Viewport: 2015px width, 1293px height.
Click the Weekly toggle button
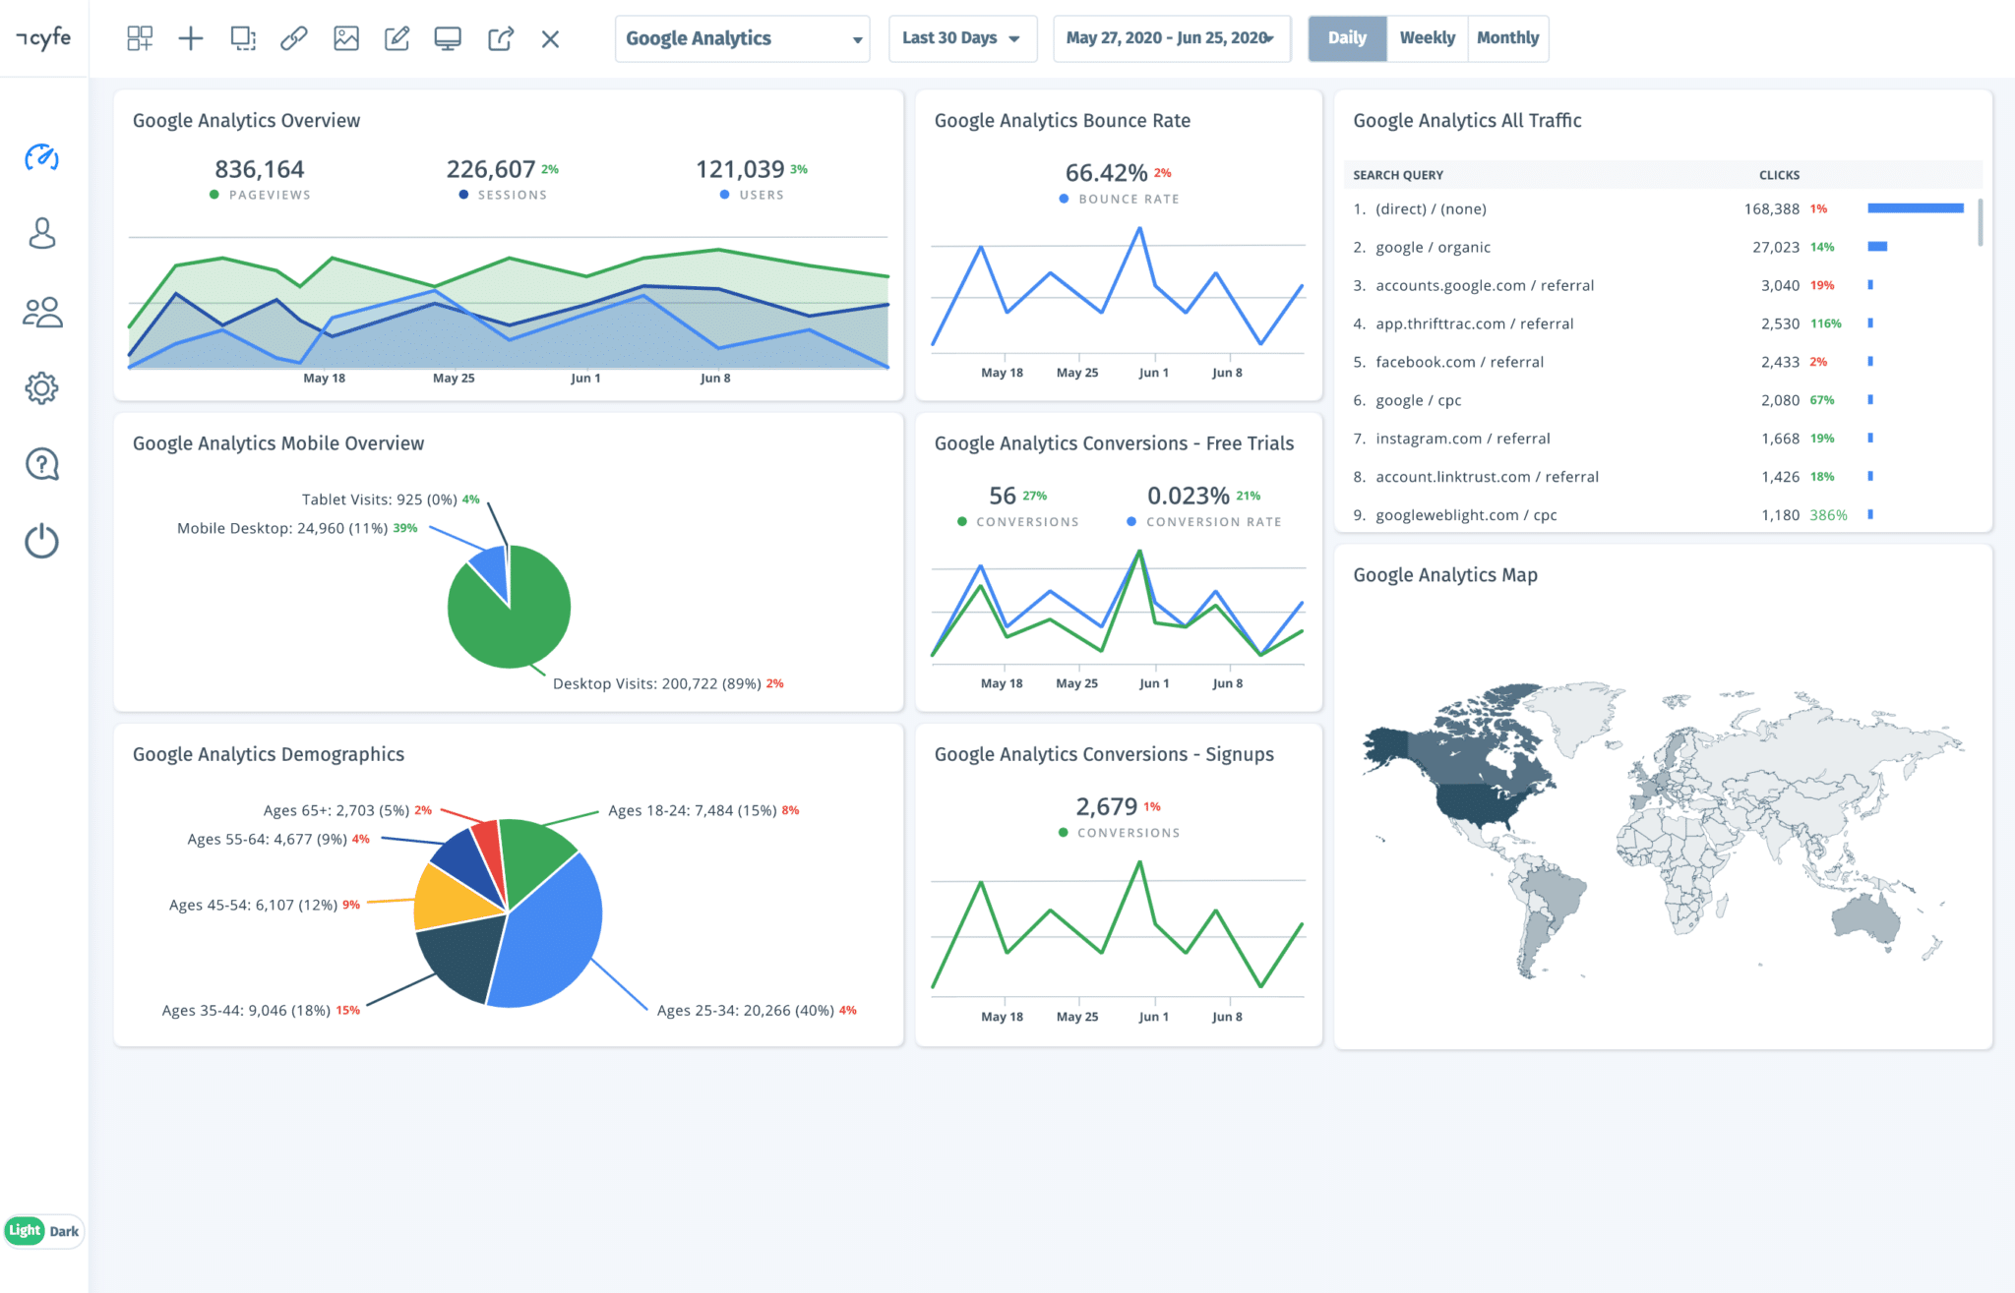pyautogui.click(x=1427, y=38)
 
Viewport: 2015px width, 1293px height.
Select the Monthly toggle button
pyautogui.click(x=1507, y=38)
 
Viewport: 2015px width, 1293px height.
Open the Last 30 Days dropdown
pyautogui.click(x=961, y=38)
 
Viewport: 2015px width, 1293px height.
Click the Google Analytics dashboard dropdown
pyautogui.click(x=742, y=38)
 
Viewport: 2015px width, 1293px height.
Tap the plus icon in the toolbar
pyautogui.click(x=191, y=38)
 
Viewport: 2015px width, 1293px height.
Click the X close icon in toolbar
pyautogui.click(x=550, y=39)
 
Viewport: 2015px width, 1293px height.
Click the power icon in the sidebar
pyautogui.click(x=41, y=541)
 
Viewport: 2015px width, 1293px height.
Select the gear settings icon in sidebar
pyautogui.click(x=41, y=388)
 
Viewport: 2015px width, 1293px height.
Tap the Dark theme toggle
pyautogui.click(x=64, y=1231)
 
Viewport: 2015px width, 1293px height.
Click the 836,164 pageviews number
pyautogui.click(x=260, y=169)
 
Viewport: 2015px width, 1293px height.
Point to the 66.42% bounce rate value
pyautogui.click(x=1106, y=173)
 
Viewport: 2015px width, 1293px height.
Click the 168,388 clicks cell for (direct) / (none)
pyautogui.click(x=1771, y=208)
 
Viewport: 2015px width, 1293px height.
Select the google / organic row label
pyautogui.click(x=1433, y=248)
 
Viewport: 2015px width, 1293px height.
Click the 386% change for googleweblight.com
pyautogui.click(x=1828, y=515)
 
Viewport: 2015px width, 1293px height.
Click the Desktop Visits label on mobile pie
pyautogui.click(x=656, y=683)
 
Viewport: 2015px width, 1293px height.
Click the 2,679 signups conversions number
pyautogui.click(x=1106, y=807)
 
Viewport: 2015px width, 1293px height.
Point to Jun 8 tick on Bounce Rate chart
pyautogui.click(x=1227, y=373)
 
